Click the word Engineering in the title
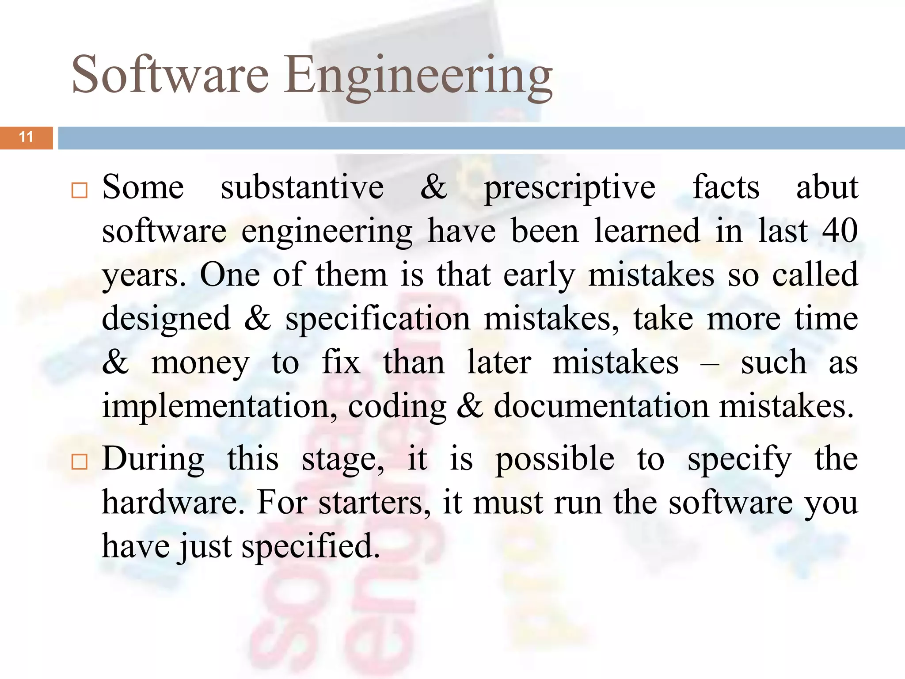[x=418, y=76]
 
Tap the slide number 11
[x=27, y=137]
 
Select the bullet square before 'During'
[x=80, y=462]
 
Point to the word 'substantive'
[x=302, y=187]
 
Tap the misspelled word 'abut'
[x=827, y=187]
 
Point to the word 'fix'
[x=341, y=362]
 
